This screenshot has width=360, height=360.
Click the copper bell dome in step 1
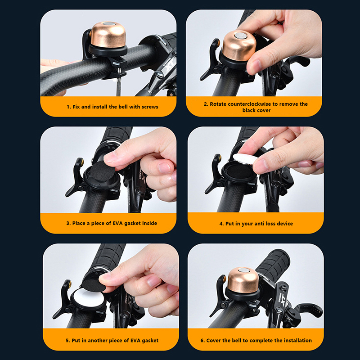[x=108, y=35]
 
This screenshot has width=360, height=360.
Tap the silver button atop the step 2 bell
[x=240, y=36]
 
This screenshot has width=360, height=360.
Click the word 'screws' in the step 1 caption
[x=150, y=107]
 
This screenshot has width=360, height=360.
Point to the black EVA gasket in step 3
[x=101, y=171]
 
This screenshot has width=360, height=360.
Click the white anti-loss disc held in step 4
[x=245, y=159]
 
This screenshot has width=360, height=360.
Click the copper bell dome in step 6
[x=243, y=279]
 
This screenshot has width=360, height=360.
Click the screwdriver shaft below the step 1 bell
[x=118, y=85]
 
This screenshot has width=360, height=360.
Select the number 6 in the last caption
[x=202, y=341]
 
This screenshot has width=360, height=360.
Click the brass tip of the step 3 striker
[x=82, y=162]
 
